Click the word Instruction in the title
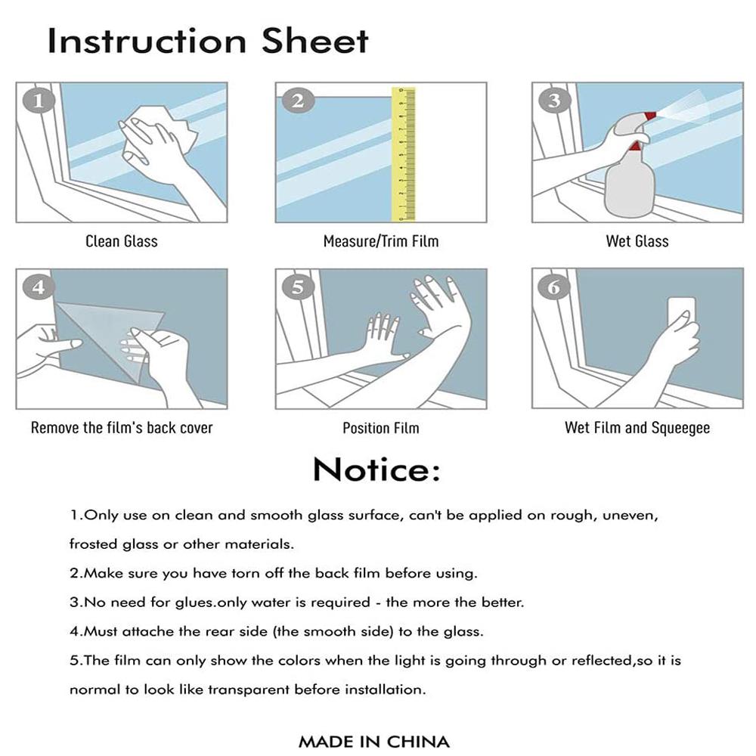click(x=147, y=41)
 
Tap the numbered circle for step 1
click(x=39, y=101)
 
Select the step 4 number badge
click(x=39, y=287)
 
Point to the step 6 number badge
click(x=554, y=287)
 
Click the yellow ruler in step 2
click(x=404, y=154)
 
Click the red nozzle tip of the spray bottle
click(x=650, y=116)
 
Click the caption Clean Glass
click(x=122, y=241)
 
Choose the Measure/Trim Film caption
click(x=381, y=241)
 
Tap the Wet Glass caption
click(x=637, y=241)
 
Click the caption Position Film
click(x=381, y=428)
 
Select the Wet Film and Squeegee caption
click(x=637, y=428)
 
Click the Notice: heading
click(x=376, y=469)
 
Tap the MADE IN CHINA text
click(x=374, y=742)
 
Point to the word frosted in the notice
click(x=93, y=544)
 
